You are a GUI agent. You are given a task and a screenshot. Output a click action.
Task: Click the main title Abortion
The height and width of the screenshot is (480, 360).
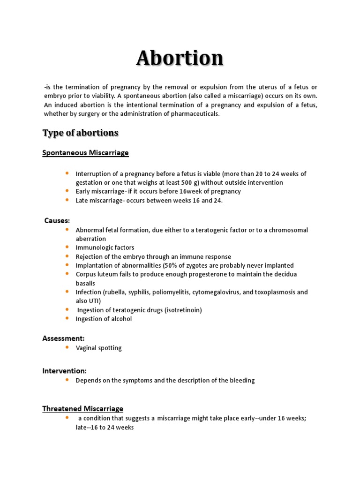(180, 58)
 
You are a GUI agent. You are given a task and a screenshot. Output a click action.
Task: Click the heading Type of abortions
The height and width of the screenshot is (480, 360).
(80, 133)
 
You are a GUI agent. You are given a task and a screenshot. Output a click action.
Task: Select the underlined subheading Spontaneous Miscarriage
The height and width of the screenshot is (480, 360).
(85, 153)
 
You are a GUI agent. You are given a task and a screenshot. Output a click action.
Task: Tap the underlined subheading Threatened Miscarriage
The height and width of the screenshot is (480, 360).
(82, 409)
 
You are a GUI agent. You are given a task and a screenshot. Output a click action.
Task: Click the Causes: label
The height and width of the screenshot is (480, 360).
(57, 220)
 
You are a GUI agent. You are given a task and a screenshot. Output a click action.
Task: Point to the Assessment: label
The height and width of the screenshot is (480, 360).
(63, 338)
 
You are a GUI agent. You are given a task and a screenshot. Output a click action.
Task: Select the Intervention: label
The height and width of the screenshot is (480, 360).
(65, 371)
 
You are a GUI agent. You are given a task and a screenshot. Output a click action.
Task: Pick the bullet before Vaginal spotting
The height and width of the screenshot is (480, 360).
(67, 347)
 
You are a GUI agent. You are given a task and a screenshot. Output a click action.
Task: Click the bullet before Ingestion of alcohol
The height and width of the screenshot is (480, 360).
(67, 318)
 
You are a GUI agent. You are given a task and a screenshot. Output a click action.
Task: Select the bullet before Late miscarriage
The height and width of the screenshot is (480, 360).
(67, 200)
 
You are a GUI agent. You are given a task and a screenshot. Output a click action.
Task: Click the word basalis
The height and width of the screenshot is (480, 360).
(85, 283)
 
